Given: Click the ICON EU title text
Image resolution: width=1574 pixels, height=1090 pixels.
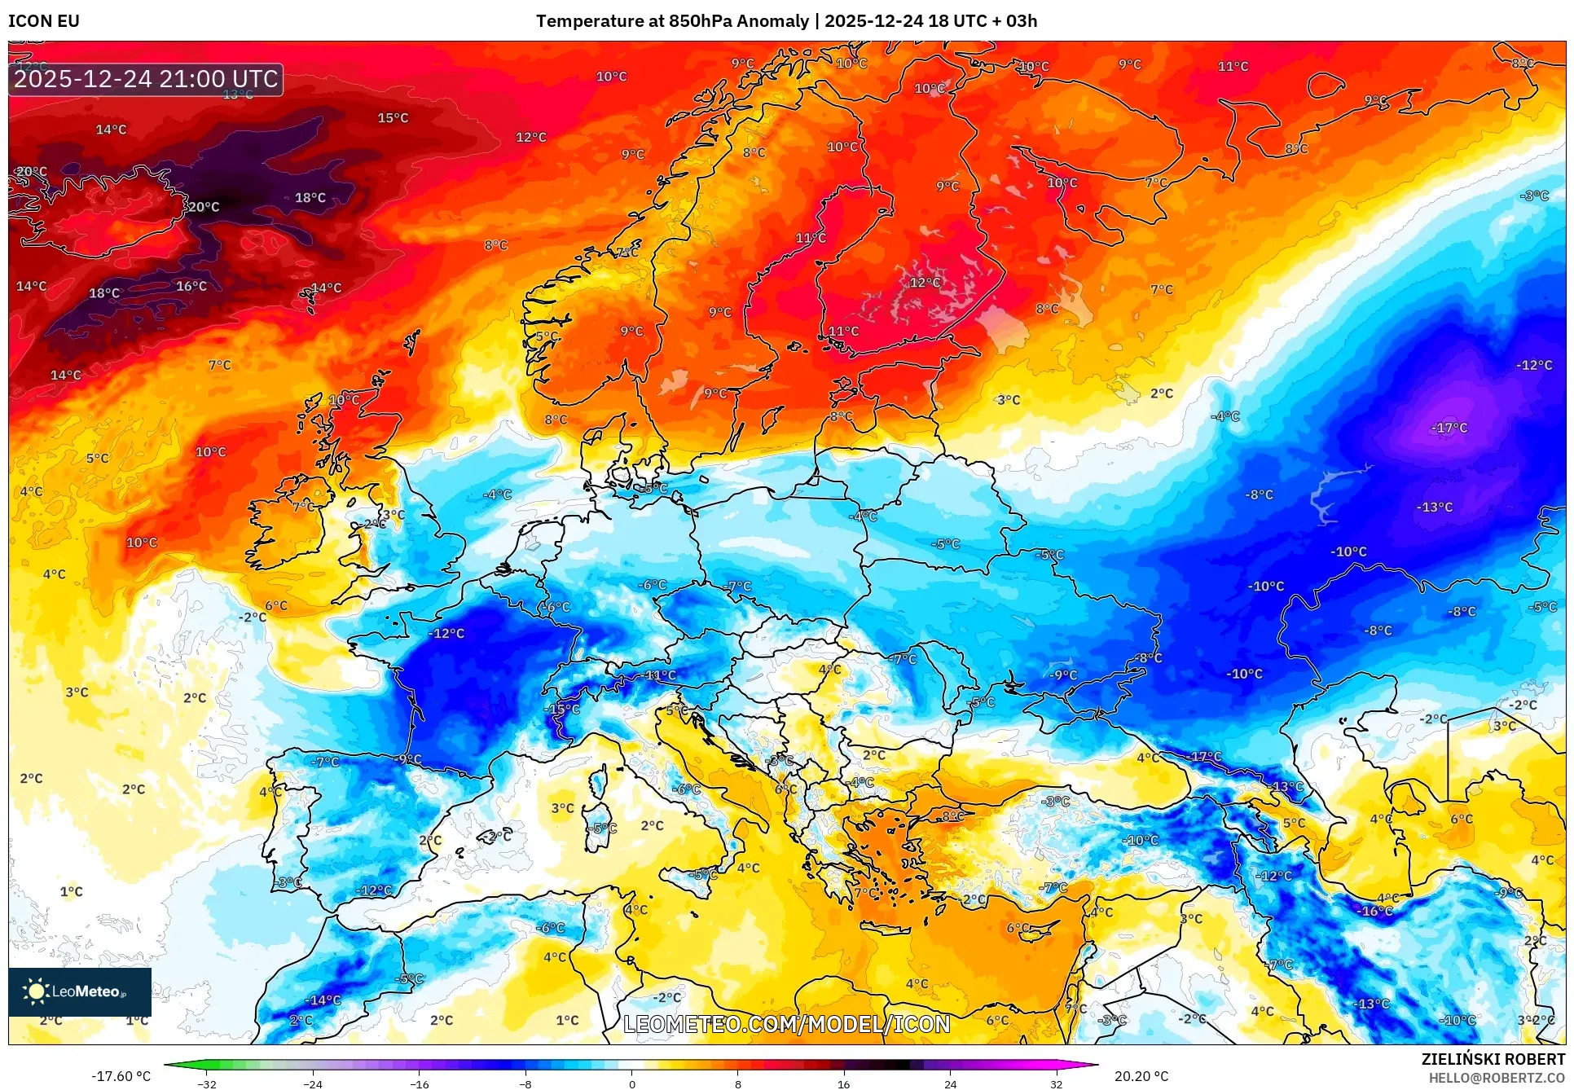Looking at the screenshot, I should click(44, 21).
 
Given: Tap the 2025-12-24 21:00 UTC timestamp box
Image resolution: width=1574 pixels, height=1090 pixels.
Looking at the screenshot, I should click(146, 79).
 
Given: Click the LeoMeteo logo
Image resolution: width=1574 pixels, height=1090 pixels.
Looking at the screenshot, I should click(79, 991).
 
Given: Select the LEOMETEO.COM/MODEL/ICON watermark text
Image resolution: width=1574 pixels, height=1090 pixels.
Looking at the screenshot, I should click(786, 1024).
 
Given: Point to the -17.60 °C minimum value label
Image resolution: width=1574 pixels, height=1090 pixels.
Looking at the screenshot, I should click(121, 1076).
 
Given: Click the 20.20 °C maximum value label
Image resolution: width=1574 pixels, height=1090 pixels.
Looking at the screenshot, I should click(1141, 1076).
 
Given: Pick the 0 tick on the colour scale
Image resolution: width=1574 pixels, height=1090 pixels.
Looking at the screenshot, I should click(631, 1083).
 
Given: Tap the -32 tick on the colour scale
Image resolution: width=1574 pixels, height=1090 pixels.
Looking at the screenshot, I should click(207, 1083).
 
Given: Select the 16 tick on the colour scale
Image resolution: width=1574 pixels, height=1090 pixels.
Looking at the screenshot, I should click(843, 1083).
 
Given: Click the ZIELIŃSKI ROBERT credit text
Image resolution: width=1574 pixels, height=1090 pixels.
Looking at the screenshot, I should click(1493, 1059).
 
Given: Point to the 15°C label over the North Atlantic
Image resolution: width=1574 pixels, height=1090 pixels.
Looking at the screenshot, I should click(393, 118).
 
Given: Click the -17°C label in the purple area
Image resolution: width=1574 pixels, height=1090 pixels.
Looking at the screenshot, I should click(1449, 428).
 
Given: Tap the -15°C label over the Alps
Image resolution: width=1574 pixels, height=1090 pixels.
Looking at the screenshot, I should click(563, 709).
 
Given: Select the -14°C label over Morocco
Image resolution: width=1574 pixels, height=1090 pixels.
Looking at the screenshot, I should click(323, 1000).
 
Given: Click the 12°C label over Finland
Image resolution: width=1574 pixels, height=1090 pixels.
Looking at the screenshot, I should click(925, 283).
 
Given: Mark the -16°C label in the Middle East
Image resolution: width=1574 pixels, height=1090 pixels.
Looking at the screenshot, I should click(1375, 911).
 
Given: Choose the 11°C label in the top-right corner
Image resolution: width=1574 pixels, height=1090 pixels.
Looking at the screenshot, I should click(1233, 66).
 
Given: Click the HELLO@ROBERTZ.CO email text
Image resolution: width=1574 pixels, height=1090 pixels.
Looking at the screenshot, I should click(1496, 1078).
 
